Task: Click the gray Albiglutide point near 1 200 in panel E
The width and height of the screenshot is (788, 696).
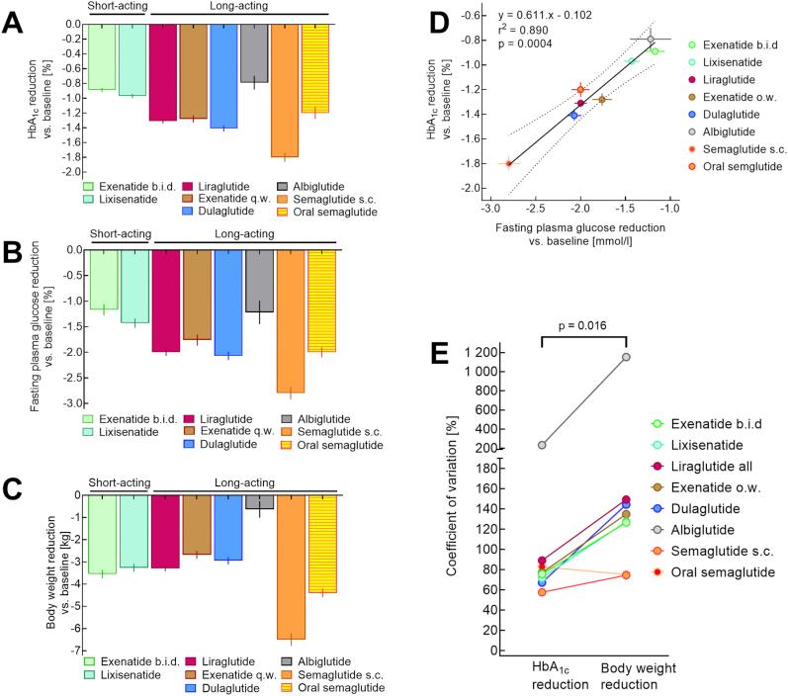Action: pos(654,357)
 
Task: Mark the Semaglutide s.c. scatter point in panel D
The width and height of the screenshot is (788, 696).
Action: pos(509,163)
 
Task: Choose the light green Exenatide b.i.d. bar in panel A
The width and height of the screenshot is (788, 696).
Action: pos(102,57)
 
